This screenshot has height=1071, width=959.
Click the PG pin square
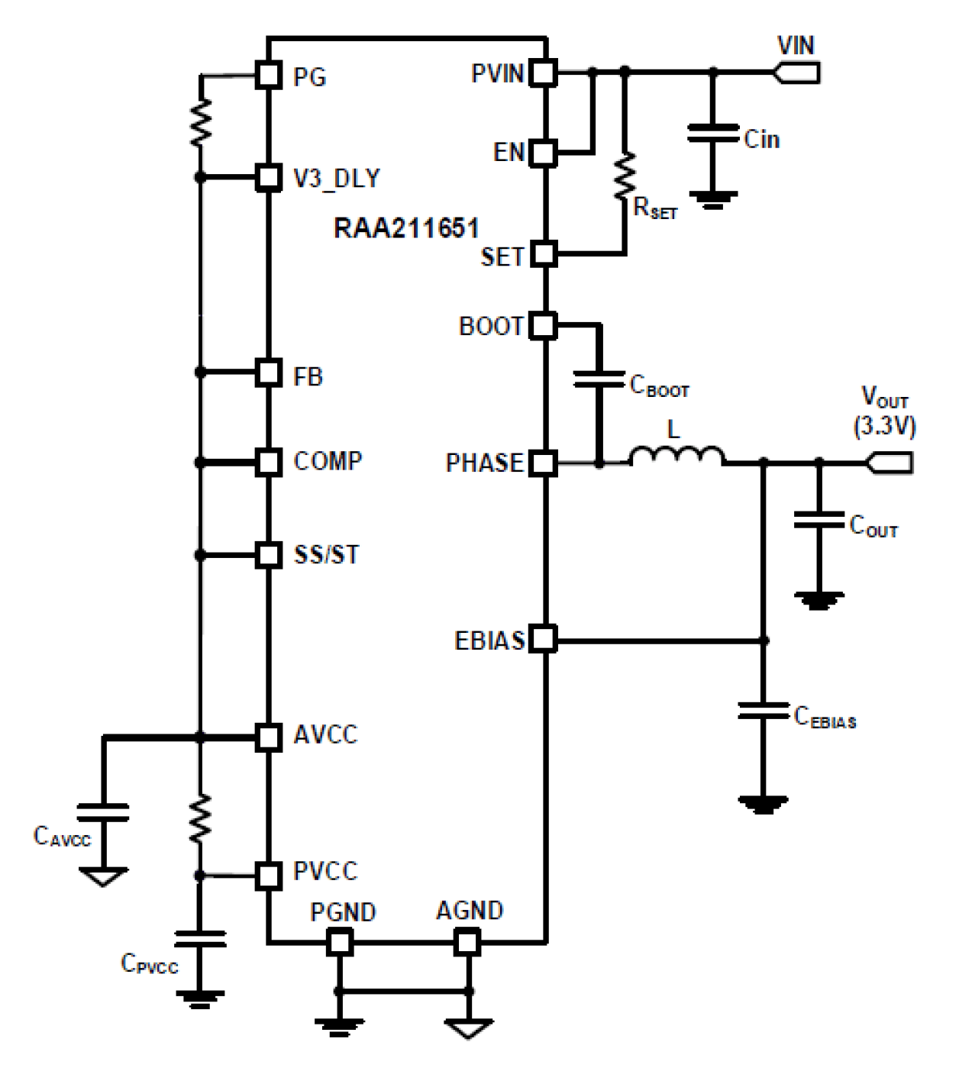(x=268, y=75)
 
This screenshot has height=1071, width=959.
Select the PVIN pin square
(x=543, y=73)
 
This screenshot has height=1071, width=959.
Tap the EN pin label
(x=509, y=153)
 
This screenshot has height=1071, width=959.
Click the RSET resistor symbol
(x=625, y=176)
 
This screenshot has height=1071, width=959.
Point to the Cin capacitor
(x=712, y=133)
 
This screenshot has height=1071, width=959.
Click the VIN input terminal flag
(x=797, y=73)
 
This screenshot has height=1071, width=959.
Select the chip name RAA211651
(x=406, y=227)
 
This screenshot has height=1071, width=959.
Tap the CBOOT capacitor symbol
(x=599, y=379)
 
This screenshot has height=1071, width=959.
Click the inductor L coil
(x=676, y=456)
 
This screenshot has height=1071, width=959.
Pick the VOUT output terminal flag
(x=890, y=462)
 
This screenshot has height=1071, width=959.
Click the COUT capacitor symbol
(x=819, y=520)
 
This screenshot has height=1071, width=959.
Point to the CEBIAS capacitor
(x=763, y=711)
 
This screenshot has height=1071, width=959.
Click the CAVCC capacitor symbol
(x=103, y=812)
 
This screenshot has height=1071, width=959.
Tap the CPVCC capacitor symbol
(x=200, y=938)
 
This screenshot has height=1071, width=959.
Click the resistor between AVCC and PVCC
(x=200, y=818)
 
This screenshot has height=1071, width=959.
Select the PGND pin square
(x=340, y=943)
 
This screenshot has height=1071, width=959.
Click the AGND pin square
(x=467, y=943)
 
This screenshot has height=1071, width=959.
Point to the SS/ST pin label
(x=326, y=554)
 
